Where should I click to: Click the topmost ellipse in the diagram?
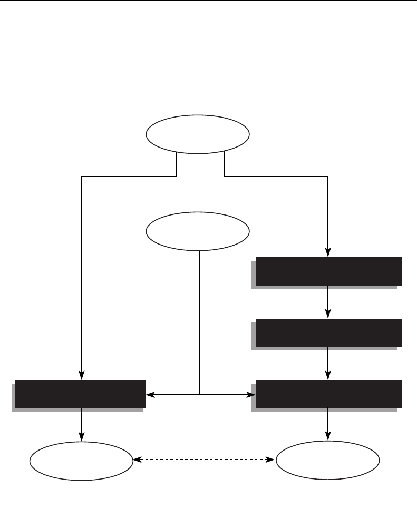click(197, 135)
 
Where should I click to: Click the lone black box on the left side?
click(80, 394)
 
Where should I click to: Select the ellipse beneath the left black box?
click(81, 460)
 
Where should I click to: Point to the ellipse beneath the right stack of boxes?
click(328, 460)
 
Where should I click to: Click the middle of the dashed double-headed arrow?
click(204, 460)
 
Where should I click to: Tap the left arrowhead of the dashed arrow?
click(137, 460)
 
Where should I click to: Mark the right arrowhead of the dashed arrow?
click(272, 460)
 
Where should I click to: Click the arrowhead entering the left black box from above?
click(82, 376)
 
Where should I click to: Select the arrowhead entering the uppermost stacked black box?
click(328, 253)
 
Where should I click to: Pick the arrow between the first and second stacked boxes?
click(328, 302)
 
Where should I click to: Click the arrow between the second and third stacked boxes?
click(328, 363)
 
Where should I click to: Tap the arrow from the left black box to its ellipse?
click(82, 425)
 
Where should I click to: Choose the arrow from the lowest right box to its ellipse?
click(328, 425)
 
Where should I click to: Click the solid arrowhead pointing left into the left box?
click(149, 394)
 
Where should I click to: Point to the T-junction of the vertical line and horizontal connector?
click(200, 394)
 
